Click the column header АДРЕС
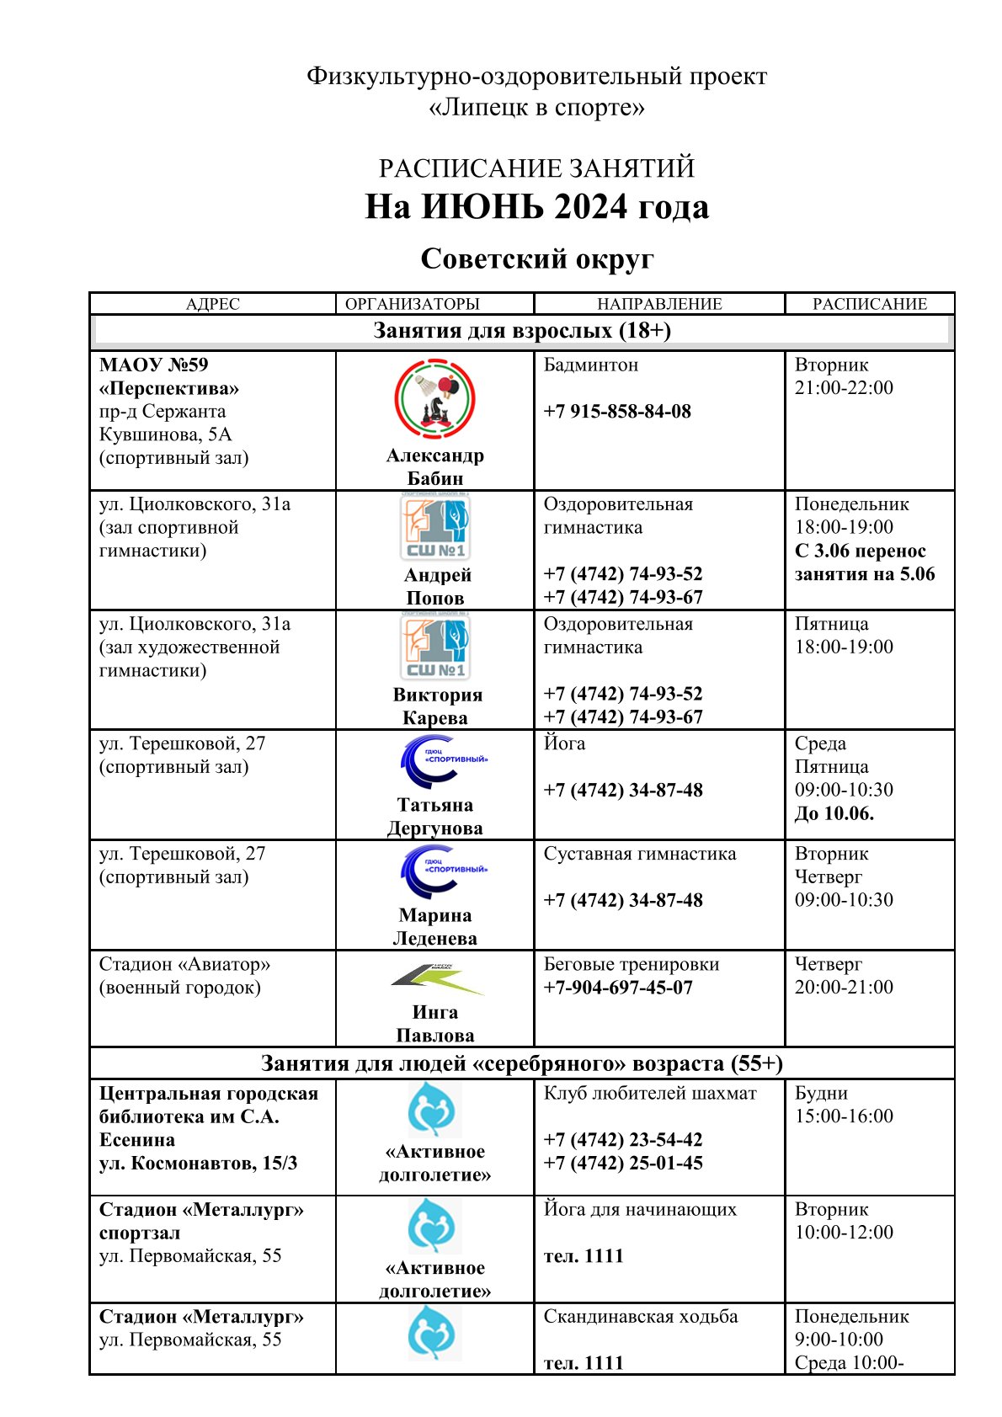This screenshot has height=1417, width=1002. [x=212, y=304]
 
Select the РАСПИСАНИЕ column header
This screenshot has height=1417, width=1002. [x=869, y=304]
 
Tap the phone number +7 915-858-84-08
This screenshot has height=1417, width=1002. [x=616, y=412]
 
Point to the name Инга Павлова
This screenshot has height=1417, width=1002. [x=434, y=1024]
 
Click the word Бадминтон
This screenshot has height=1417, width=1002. [x=590, y=365]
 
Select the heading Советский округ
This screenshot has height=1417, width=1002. [x=536, y=258]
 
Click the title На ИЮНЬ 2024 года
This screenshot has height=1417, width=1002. [x=536, y=207]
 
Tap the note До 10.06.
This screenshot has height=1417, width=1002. [x=834, y=814]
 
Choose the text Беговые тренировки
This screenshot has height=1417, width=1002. [x=631, y=965]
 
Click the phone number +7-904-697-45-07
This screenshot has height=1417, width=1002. [x=617, y=988]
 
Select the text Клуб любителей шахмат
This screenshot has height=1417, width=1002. [x=649, y=1094]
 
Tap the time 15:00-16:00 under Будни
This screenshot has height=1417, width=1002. [x=844, y=1116]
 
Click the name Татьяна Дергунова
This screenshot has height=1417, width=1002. [x=434, y=817]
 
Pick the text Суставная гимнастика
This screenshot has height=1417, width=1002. [x=639, y=855]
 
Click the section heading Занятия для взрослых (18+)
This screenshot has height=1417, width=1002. [x=522, y=331]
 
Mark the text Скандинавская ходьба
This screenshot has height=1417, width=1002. [x=640, y=1317]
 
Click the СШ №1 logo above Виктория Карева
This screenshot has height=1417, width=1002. [x=434, y=647]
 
